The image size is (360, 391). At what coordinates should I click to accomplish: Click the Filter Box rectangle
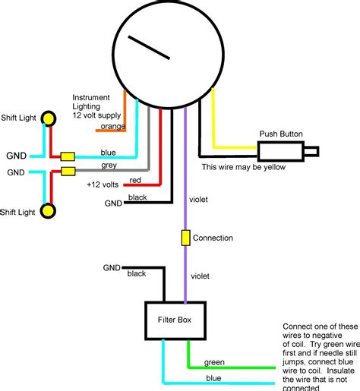tap(175, 320)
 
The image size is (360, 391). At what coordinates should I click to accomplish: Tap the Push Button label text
tap(281, 134)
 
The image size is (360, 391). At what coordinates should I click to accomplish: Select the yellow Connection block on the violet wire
tap(185, 238)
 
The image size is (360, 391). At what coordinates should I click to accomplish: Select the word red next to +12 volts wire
tap(134, 180)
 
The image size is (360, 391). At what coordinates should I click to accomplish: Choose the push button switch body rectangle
tap(280, 151)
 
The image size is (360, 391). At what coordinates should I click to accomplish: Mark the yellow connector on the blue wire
tap(68, 156)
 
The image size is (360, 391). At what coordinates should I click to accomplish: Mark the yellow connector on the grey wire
tap(68, 172)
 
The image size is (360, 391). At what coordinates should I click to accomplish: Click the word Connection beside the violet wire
tap(213, 238)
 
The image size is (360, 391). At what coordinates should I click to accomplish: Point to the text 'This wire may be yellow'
tap(243, 167)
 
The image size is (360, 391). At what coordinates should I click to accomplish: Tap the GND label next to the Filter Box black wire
tap(112, 268)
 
